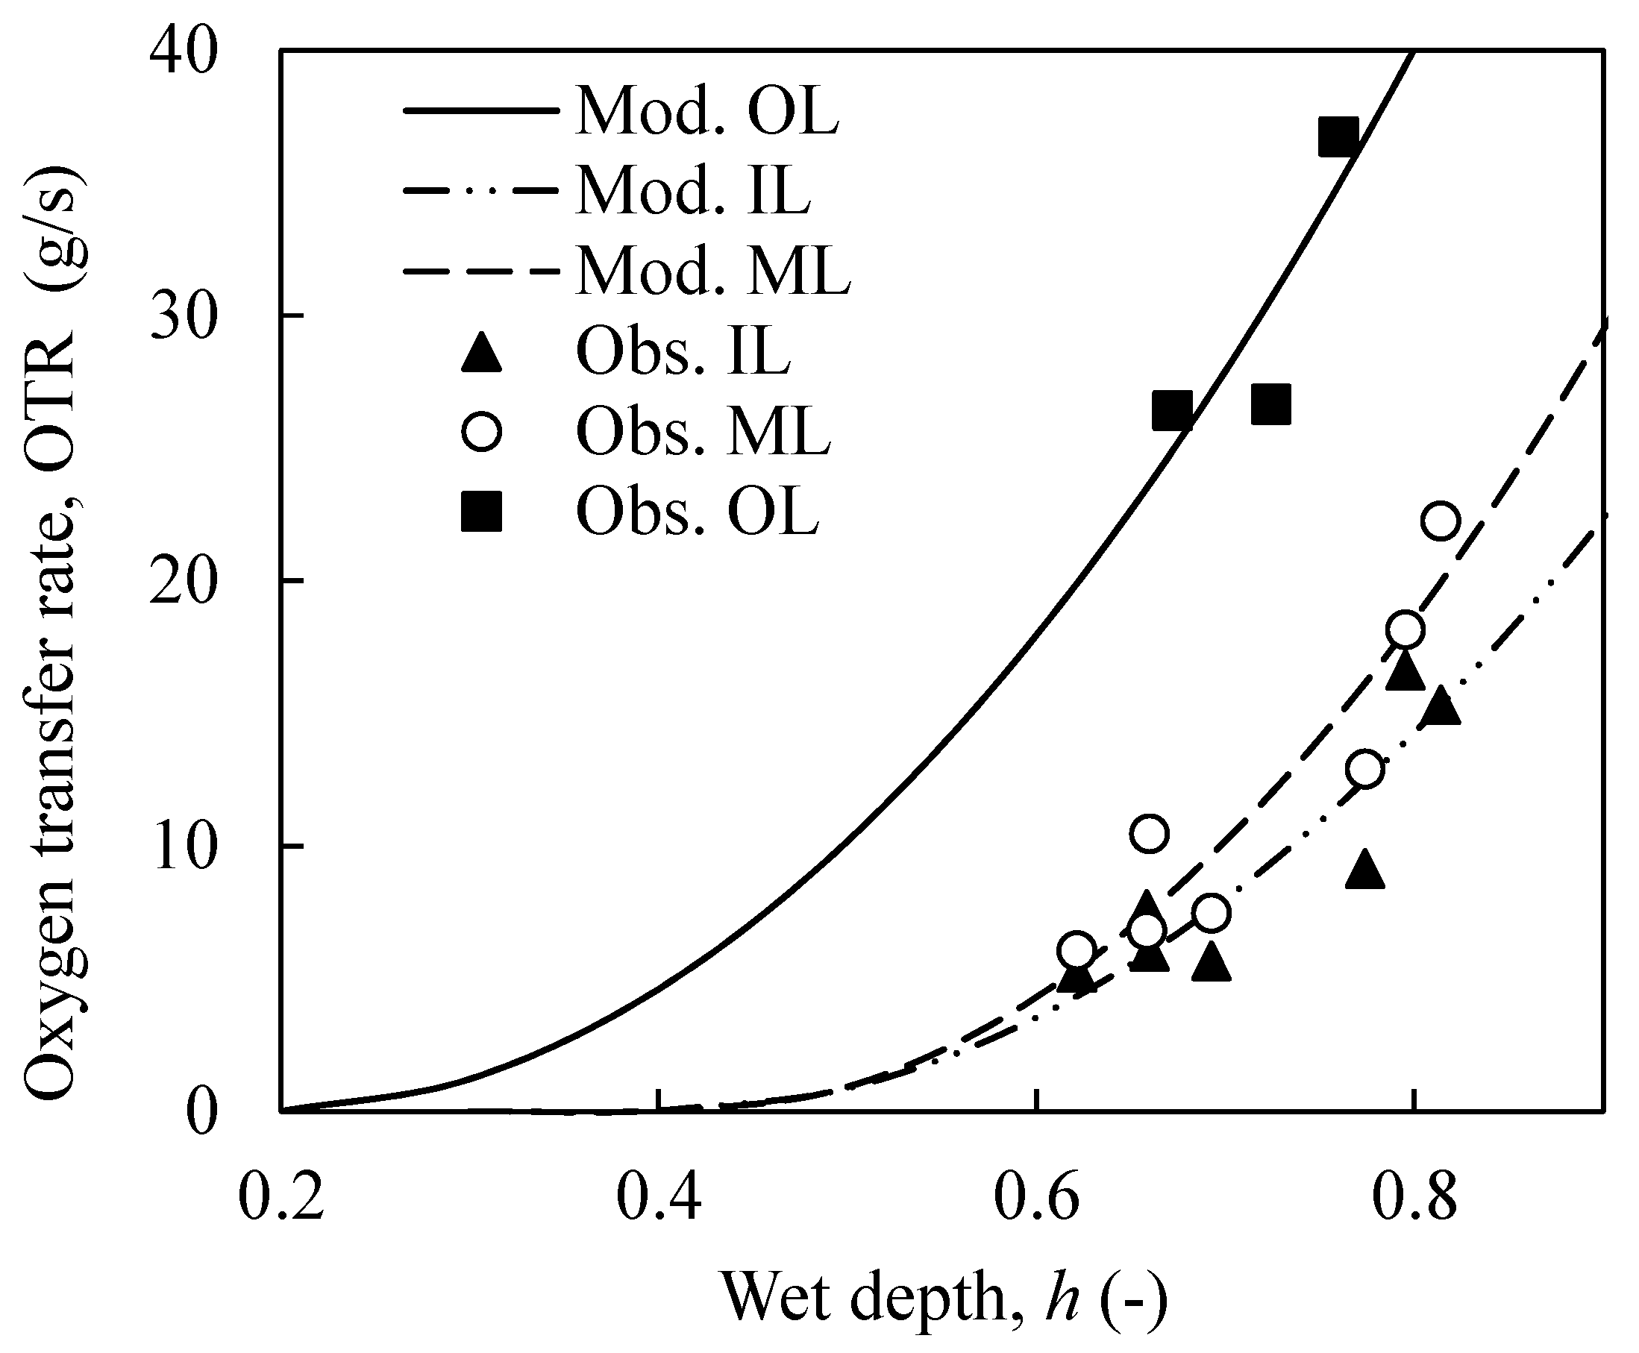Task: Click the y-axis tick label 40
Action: (181, 53)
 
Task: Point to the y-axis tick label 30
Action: (181, 316)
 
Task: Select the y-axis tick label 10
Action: (181, 847)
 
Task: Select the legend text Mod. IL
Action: (694, 192)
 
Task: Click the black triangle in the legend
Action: (481, 353)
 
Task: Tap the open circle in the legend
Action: (481, 431)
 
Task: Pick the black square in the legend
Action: (481, 512)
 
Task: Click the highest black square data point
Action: (1338, 138)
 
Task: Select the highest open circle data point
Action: (1440, 521)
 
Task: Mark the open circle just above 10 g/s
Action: (1148, 833)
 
